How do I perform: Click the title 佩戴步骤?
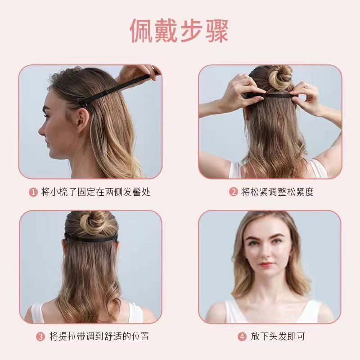click(179, 31)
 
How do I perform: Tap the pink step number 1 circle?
click(33, 192)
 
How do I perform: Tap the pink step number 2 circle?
click(233, 192)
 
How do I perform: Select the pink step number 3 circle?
click(40, 337)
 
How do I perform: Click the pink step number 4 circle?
click(242, 337)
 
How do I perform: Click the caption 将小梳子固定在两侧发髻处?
click(95, 192)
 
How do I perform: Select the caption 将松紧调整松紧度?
click(277, 192)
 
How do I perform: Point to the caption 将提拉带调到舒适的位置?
click(99, 337)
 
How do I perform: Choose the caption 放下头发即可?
click(278, 337)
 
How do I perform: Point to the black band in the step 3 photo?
click(91, 238)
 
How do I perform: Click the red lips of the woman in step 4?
click(267, 264)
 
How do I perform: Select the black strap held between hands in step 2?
click(271, 95)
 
